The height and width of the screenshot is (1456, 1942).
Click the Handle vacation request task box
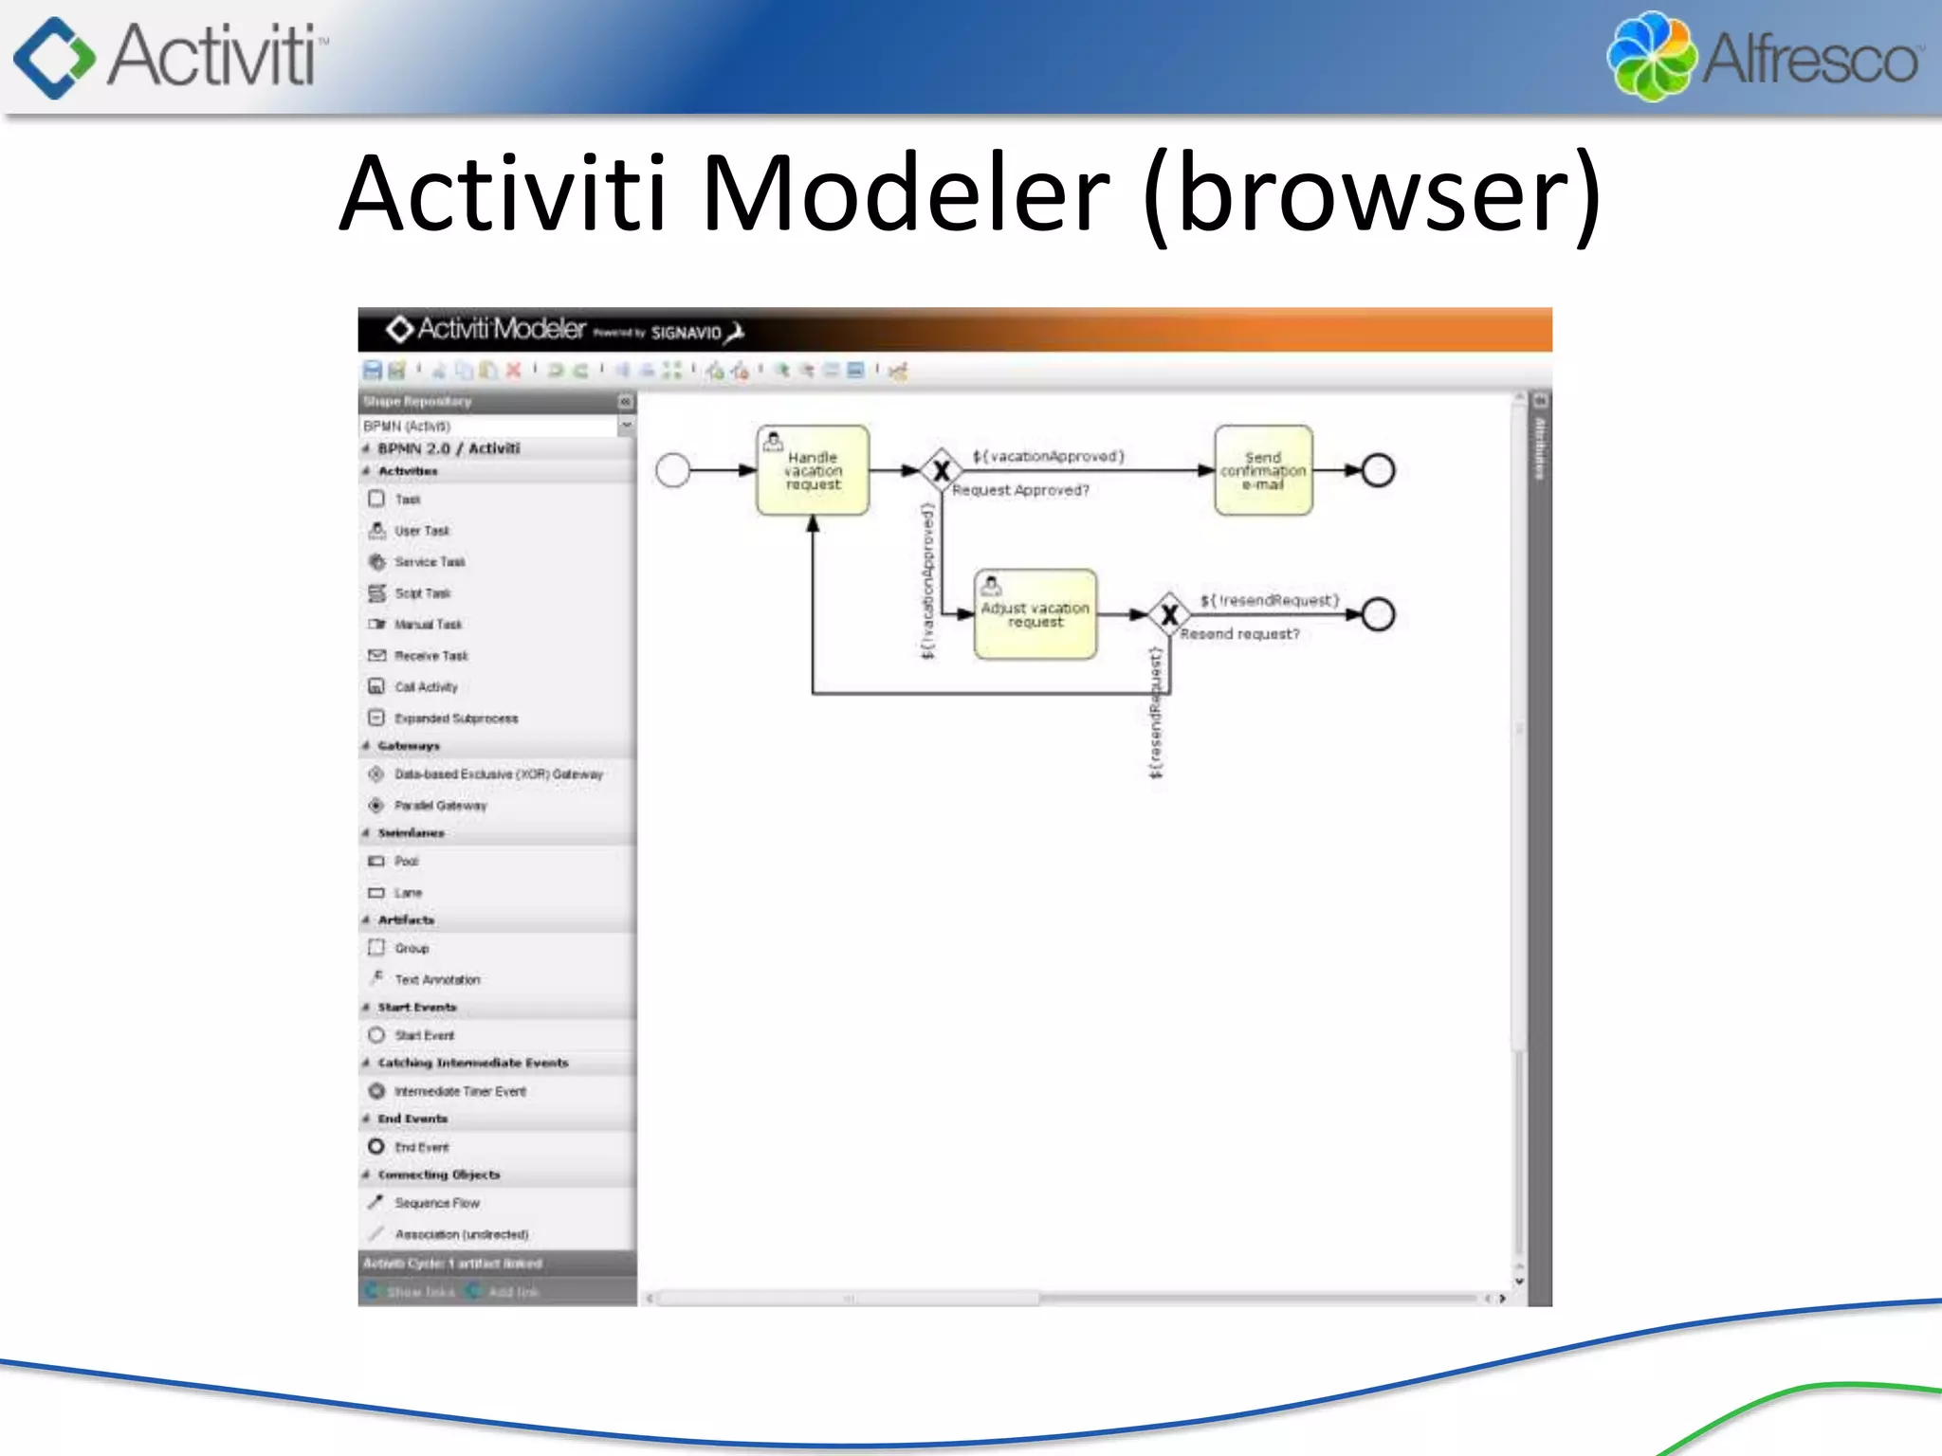tap(813, 470)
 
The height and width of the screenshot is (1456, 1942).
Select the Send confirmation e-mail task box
tap(1263, 470)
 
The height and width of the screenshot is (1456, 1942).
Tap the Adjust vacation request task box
tap(1035, 614)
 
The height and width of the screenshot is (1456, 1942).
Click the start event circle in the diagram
tap(673, 470)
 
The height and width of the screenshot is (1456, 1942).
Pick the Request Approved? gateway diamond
tap(941, 470)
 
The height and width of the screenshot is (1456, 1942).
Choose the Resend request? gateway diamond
tap(1169, 614)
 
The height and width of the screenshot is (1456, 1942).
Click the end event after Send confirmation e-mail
tap(1378, 470)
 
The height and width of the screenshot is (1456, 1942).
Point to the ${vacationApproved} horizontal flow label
tap(1048, 456)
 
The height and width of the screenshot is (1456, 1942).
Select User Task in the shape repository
tap(422, 531)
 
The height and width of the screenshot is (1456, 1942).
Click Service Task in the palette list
tap(430, 562)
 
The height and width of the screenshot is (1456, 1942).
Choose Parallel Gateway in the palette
tap(440, 806)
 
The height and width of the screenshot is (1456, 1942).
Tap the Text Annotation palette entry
tap(437, 979)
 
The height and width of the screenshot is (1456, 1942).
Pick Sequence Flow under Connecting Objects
tap(436, 1203)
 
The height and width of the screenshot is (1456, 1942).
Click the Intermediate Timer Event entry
tap(460, 1091)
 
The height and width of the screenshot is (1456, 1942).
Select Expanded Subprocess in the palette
tap(456, 719)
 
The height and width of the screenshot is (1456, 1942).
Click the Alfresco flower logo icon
tap(1651, 56)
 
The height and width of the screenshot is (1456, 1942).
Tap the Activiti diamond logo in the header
tap(54, 57)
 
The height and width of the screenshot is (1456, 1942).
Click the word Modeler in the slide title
tap(905, 193)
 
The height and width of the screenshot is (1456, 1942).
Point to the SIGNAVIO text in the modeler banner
tap(686, 333)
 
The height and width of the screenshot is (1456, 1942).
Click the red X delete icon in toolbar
tap(513, 371)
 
